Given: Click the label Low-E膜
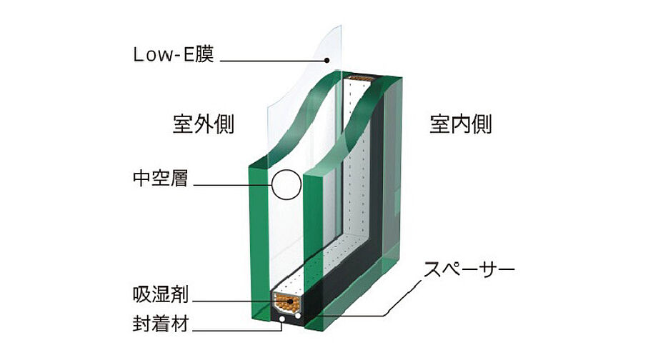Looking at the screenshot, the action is tap(174, 54).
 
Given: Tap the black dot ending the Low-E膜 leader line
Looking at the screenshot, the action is tap(327, 60).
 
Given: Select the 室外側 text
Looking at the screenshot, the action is tap(204, 124).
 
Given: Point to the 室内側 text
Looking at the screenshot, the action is tap(461, 124).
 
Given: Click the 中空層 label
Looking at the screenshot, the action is tap(160, 178).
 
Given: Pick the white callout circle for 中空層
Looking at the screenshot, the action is tap(286, 185).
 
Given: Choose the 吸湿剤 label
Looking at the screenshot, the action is tap(160, 294).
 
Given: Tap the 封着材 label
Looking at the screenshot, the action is tap(160, 324).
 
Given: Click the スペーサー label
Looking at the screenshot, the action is tap(469, 269).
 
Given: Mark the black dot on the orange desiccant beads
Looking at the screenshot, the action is tap(291, 301).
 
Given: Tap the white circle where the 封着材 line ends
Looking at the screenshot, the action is tap(281, 319).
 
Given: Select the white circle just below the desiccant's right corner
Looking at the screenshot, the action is tap(298, 316).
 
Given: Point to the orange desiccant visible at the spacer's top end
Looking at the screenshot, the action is tap(360, 78).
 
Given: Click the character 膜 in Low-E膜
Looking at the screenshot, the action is tap(204, 54).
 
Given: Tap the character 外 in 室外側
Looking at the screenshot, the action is tap(204, 124).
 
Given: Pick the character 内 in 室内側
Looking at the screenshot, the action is tap(461, 124).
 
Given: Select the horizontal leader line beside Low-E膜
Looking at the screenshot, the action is tap(273, 61).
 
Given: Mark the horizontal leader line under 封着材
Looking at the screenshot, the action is tap(237, 330).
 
